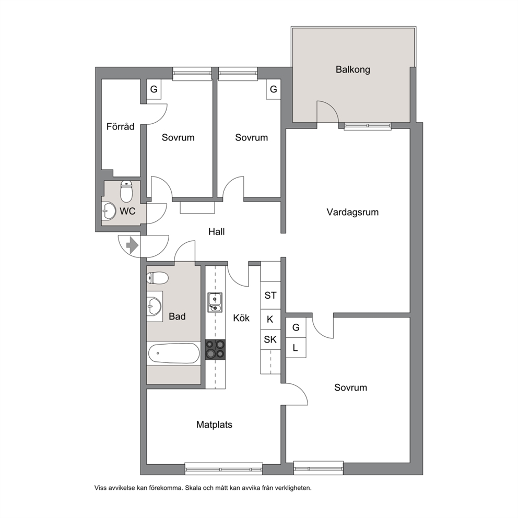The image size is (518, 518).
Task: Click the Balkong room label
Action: click(x=352, y=69)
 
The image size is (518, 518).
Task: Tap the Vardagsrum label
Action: click(x=352, y=212)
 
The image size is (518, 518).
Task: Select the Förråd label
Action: click(x=120, y=126)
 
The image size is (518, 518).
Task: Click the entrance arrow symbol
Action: click(x=132, y=245)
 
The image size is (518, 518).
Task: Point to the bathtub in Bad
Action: click(x=174, y=354)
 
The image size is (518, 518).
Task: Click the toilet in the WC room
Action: click(x=126, y=191)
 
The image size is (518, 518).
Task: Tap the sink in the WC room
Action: click(x=109, y=210)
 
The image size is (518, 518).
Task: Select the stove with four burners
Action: click(x=215, y=350)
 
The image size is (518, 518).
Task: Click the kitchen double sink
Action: click(x=215, y=302)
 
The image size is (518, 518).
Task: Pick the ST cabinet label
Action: click(x=270, y=296)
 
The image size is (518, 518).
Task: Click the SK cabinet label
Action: click(x=270, y=339)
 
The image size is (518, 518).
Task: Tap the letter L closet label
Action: click(x=296, y=348)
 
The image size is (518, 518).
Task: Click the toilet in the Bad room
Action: click(x=157, y=278)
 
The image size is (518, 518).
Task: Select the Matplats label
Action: click(x=214, y=425)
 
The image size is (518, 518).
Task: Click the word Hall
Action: click(x=216, y=231)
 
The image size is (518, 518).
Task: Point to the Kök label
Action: click(x=241, y=318)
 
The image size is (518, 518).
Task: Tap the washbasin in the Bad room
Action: click(x=154, y=306)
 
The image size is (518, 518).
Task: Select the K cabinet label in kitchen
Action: click(x=270, y=320)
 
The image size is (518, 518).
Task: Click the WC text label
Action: click(x=127, y=211)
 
